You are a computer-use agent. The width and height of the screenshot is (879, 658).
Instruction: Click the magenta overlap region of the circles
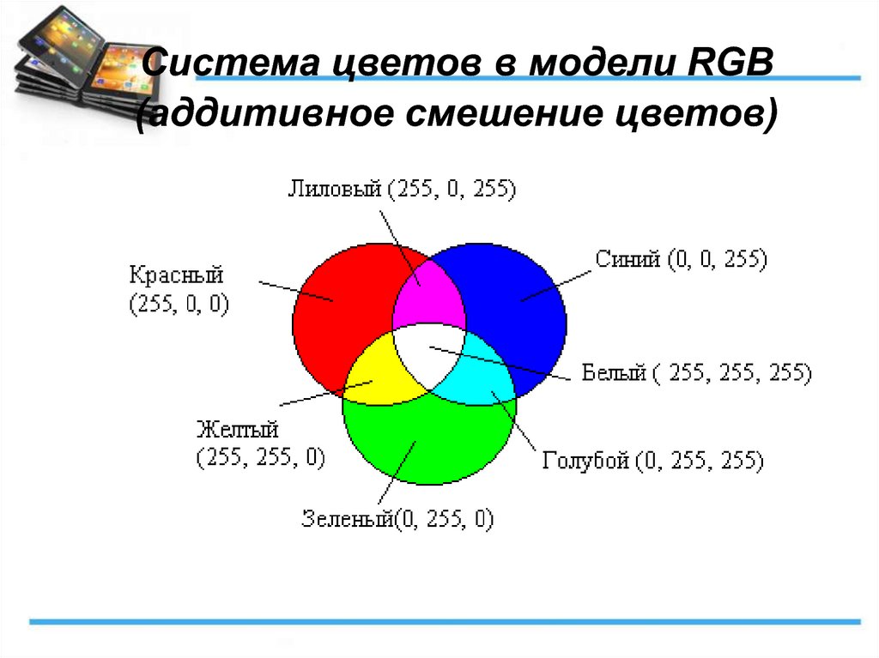(429, 297)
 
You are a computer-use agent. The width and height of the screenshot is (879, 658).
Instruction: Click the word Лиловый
(335, 189)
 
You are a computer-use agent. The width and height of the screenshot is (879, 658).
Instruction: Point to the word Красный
(177, 275)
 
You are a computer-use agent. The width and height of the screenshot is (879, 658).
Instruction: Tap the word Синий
(627, 259)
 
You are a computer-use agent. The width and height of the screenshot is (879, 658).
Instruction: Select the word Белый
(614, 372)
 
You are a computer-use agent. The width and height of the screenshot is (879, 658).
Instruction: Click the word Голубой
(585, 461)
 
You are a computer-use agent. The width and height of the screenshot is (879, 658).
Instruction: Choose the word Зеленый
(349, 518)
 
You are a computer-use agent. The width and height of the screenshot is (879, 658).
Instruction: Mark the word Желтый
(238, 430)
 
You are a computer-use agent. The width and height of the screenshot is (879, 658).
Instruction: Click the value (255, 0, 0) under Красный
(179, 304)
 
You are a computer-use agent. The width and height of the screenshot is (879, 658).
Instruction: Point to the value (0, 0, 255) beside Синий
(718, 259)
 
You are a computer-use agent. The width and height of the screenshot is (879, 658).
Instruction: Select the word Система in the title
(231, 62)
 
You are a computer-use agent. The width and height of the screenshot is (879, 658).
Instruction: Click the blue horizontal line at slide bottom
(446, 622)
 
